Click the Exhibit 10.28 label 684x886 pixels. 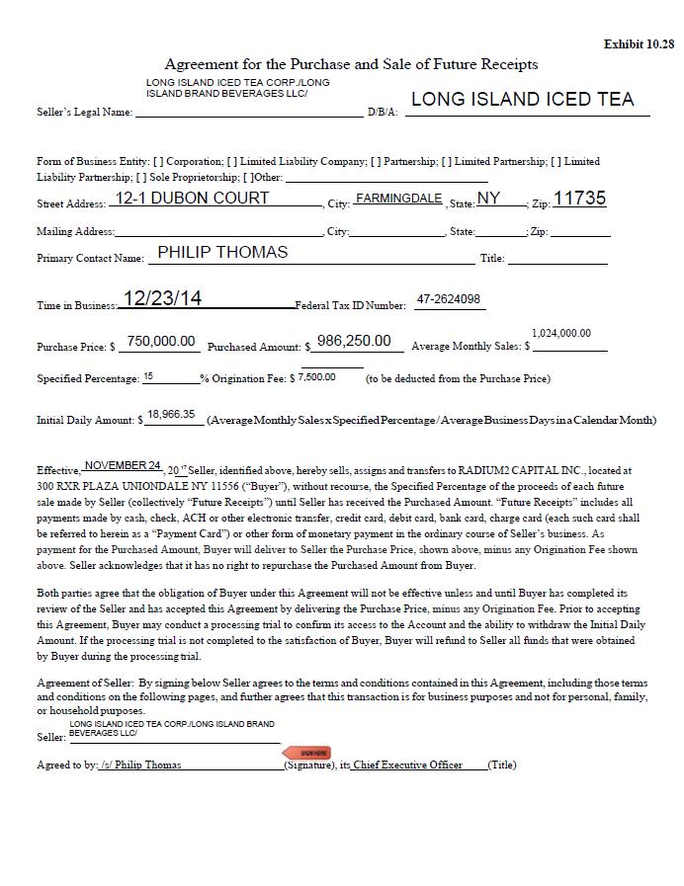[639, 44]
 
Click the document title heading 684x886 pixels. [351, 64]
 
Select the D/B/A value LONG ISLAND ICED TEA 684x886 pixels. [522, 100]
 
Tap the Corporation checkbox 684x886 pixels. [159, 162]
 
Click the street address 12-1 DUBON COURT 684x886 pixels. [192, 199]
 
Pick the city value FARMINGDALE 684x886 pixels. [398, 199]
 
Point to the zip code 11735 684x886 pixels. [579, 199]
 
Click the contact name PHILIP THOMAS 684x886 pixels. [222, 252]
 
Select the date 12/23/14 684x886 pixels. [162, 298]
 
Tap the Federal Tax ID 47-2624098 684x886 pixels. [449, 299]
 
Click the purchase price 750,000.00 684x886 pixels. [161, 341]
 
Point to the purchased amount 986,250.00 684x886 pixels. [354, 341]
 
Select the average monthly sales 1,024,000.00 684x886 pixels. [561, 334]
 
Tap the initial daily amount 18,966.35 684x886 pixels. [171, 415]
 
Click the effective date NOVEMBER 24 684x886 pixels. [123, 465]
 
